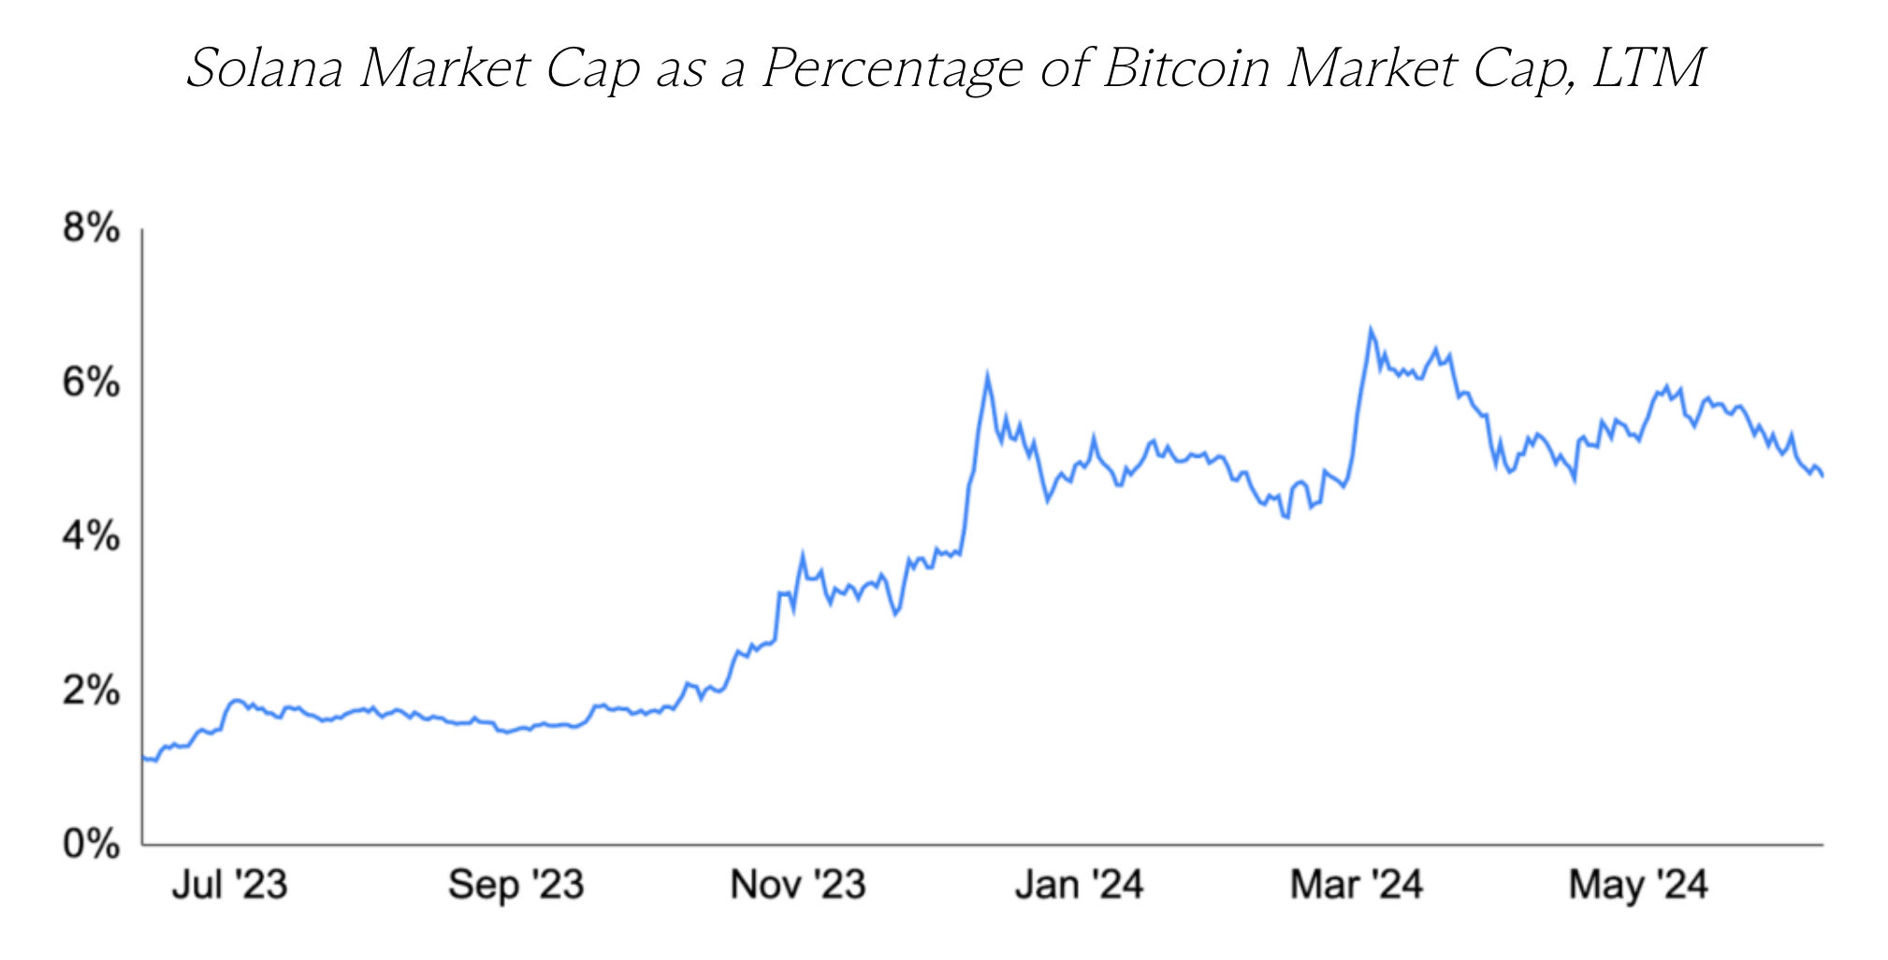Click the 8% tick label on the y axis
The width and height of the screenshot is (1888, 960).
tap(91, 228)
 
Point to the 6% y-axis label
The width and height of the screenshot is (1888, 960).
tap(91, 383)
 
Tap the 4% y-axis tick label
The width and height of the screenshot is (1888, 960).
tap(91, 537)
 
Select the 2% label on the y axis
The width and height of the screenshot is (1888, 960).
tap(91, 691)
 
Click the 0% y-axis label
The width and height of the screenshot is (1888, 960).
tap(91, 845)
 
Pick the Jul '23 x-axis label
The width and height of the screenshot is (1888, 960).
tap(229, 884)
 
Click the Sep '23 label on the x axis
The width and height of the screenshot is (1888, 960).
tap(516, 884)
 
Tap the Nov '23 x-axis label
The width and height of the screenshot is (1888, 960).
tap(798, 884)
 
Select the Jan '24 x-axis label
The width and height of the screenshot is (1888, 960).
tap(1079, 884)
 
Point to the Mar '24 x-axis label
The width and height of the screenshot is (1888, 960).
tap(1357, 884)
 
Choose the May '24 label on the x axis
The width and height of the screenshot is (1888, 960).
tap(1638, 884)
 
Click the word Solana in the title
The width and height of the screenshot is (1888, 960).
tap(265, 68)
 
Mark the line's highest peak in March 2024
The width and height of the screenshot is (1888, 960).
tap(1371, 330)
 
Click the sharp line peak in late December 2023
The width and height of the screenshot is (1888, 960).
tap(987, 376)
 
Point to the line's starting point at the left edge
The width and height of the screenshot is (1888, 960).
tap(143, 757)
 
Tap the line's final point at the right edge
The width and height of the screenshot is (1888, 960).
tap(1823, 476)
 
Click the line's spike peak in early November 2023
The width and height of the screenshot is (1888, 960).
tap(802, 556)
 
